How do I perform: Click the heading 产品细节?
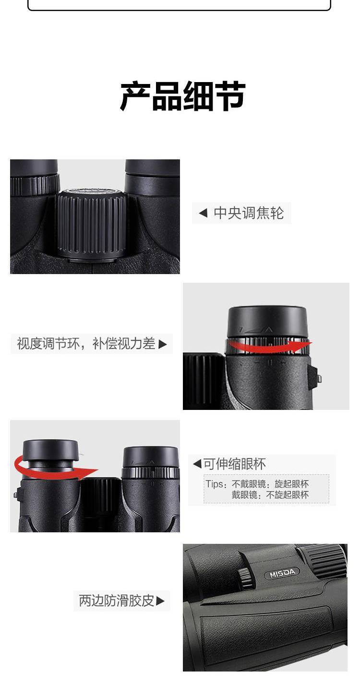point(183,96)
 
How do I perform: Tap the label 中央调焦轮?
point(249,214)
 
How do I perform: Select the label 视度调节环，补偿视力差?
point(86,344)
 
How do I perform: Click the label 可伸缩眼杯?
point(235,464)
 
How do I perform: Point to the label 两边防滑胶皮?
point(117,600)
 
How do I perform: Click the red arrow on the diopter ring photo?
point(269,346)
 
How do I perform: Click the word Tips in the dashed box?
point(214,484)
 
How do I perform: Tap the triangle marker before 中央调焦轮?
point(203,213)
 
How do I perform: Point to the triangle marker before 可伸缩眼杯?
point(197,464)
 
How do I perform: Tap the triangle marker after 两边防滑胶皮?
point(160,601)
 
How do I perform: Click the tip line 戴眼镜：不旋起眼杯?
point(270,495)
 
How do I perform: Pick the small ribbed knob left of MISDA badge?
point(246,578)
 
